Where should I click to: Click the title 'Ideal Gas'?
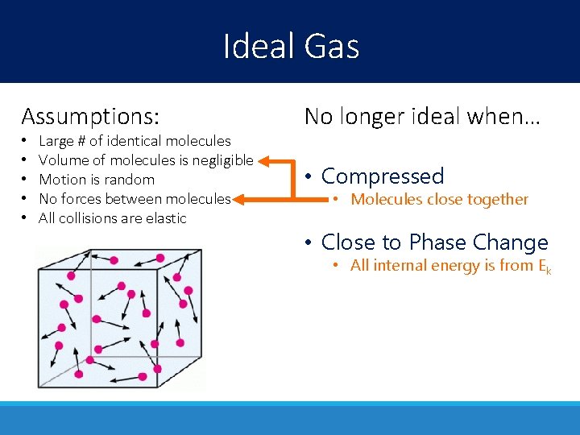click(x=291, y=46)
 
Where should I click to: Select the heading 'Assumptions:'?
click(x=90, y=116)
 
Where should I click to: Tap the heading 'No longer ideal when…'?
click(x=422, y=116)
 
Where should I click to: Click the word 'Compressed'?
click(x=383, y=176)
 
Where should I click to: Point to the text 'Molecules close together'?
click(x=439, y=199)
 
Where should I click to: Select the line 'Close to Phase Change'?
click(x=434, y=242)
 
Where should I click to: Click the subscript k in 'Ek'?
click(x=549, y=270)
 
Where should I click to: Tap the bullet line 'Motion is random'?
click(x=97, y=180)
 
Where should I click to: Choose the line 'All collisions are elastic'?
click(x=112, y=218)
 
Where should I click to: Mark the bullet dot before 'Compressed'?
click(x=309, y=176)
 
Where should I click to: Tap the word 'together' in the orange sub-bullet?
click(x=499, y=199)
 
